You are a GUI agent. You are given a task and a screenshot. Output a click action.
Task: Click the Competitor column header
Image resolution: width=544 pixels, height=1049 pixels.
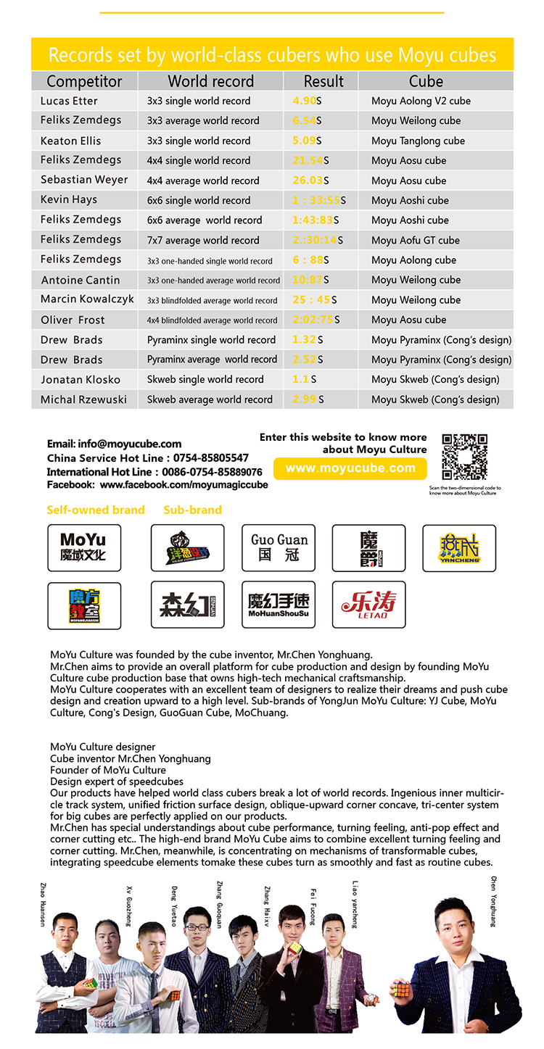[x=84, y=81]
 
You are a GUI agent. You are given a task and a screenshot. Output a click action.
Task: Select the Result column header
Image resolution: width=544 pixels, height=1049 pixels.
[x=323, y=81]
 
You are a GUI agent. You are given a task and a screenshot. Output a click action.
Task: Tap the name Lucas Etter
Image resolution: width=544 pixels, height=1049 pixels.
[x=69, y=101]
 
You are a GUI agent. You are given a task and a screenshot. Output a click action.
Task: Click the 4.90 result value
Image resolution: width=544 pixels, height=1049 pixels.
[x=305, y=101]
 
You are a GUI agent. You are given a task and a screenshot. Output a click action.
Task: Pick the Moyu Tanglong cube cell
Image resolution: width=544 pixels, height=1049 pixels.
[x=418, y=141]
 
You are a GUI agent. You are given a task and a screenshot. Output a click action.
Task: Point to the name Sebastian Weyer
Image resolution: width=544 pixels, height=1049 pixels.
[x=84, y=180]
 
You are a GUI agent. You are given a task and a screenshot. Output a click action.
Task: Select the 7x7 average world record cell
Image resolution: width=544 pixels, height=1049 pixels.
[x=203, y=240]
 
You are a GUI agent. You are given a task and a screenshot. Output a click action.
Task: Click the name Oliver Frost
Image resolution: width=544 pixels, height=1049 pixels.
[x=73, y=320]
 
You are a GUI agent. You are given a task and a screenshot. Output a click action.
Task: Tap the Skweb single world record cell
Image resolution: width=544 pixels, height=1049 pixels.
[x=205, y=379]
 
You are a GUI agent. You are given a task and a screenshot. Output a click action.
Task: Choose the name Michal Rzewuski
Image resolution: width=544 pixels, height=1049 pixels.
[x=84, y=399]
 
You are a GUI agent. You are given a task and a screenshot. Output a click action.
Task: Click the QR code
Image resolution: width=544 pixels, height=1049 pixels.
[x=464, y=457]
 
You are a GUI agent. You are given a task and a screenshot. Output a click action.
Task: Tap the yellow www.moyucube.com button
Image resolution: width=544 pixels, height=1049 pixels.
[x=350, y=468]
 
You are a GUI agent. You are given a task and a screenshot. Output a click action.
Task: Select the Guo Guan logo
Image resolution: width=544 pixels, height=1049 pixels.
[x=279, y=548]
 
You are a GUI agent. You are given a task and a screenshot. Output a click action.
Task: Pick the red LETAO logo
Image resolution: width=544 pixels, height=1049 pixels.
[x=368, y=605]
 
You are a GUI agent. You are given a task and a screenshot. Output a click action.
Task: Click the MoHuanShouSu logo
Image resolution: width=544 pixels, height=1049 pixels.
[x=279, y=605]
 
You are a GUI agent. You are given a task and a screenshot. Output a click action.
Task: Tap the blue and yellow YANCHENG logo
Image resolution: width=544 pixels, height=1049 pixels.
[x=459, y=548]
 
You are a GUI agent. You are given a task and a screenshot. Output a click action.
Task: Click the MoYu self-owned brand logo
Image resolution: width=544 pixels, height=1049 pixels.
[x=84, y=548]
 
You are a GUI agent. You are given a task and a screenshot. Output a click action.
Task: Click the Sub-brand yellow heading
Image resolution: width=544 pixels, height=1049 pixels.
[x=192, y=510]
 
